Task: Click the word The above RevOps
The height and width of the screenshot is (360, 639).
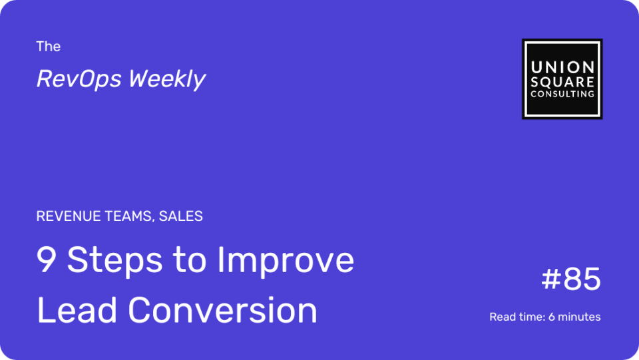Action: [x=48, y=47]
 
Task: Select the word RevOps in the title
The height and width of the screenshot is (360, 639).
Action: [x=79, y=79]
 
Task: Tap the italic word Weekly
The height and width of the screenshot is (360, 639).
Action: [x=167, y=79]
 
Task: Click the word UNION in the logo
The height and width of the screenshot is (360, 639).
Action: [x=562, y=68]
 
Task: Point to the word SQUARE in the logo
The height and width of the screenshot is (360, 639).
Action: [x=562, y=83]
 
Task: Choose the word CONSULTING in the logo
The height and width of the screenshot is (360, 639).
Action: [x=562, y=94]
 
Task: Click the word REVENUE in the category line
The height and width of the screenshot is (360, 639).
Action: [x=69, y=216]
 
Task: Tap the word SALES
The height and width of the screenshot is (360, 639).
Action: [x=180, y=216]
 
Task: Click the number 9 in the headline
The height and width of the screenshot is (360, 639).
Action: [x=46, y=260]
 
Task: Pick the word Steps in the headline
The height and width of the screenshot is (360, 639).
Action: [x=115, y=261]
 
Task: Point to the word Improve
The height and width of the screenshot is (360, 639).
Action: [x=286, y=261]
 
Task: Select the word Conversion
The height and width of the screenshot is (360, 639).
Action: [x=222, y=310]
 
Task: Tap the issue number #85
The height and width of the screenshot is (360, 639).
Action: [x=571, y=279]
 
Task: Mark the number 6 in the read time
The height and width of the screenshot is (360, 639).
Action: [x=551, y=317]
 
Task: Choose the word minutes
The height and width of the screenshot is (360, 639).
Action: [x=579, y=317]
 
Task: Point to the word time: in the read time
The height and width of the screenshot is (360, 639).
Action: [x=531, y=317]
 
